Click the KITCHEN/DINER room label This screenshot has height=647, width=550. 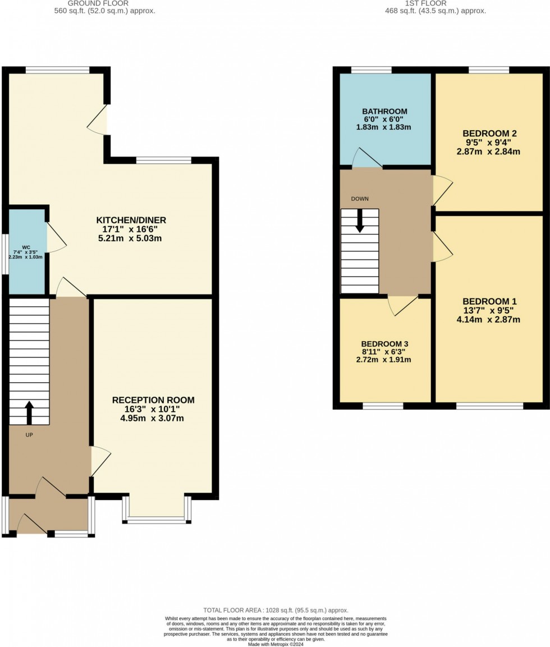coord(131,220)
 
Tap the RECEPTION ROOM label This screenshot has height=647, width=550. coord(153,400)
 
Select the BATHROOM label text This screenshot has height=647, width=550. coord(384,111)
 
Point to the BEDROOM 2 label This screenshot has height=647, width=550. coord(489,134)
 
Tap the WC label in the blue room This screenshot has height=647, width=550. coord(26,247)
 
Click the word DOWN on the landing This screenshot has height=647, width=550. coord(360,199)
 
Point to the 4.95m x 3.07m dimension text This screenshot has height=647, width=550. coord(153,419)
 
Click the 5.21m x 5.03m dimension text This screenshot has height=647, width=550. coord(131,238)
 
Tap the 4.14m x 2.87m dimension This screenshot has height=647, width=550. coord(489,320)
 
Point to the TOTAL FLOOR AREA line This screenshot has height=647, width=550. coord(275,610)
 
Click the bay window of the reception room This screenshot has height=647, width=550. coord(157,520)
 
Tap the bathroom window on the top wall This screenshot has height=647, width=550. coord(371,70)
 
